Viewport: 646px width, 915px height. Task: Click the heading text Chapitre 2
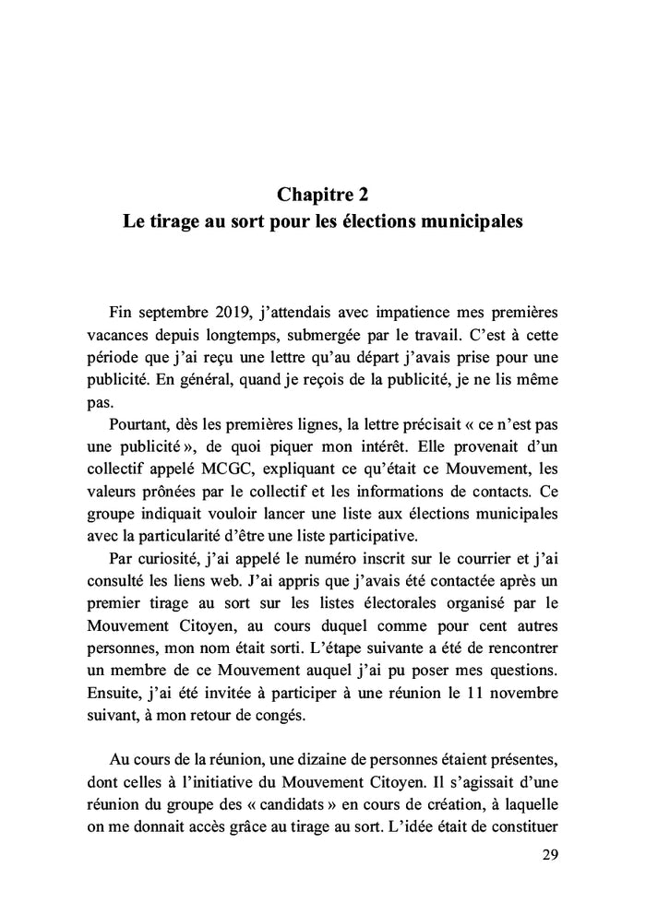(322, 195)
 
